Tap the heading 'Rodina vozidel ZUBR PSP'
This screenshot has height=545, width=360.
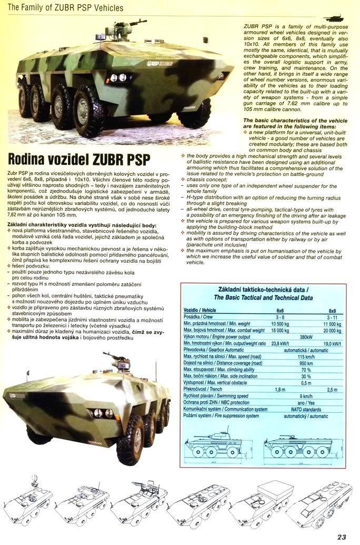[x=79, y=160]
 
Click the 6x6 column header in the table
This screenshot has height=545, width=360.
[x=279, y=311]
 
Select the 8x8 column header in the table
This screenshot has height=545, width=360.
[x=332, y=311]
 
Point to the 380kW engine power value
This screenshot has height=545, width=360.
[x=304, y=336]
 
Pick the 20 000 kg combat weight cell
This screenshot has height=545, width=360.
[x=331, y=330]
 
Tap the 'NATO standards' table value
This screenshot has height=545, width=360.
[x=304, y=409]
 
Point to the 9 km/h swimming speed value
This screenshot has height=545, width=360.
[x=304, y=396]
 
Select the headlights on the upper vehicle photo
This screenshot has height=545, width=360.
[x=119, y=77]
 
